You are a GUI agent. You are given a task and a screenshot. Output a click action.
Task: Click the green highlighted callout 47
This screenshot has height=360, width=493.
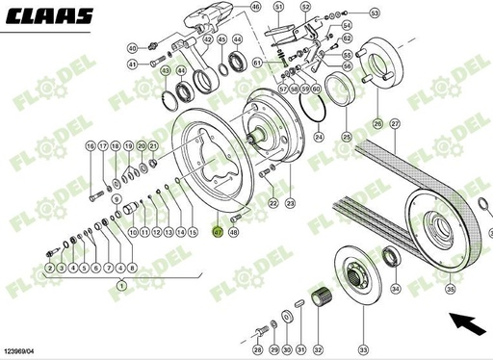pos(218,232)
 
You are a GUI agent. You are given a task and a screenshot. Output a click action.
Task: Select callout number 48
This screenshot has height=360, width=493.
pos(234,232)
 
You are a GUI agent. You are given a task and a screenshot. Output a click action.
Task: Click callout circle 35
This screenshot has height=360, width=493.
pos(449,287)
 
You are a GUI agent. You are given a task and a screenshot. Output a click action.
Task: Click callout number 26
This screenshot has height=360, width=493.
pos(377,124)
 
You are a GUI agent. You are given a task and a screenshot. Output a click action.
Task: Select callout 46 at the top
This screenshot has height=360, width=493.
pos(228,7)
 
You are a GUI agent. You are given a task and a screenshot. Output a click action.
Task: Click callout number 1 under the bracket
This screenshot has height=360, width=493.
pos(121,287)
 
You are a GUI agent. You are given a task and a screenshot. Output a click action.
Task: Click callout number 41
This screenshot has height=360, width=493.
pos(133,64)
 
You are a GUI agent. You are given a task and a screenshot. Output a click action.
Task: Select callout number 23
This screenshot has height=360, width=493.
pos(290,204)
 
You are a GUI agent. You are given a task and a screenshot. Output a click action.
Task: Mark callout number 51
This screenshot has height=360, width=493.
pos(278,7)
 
